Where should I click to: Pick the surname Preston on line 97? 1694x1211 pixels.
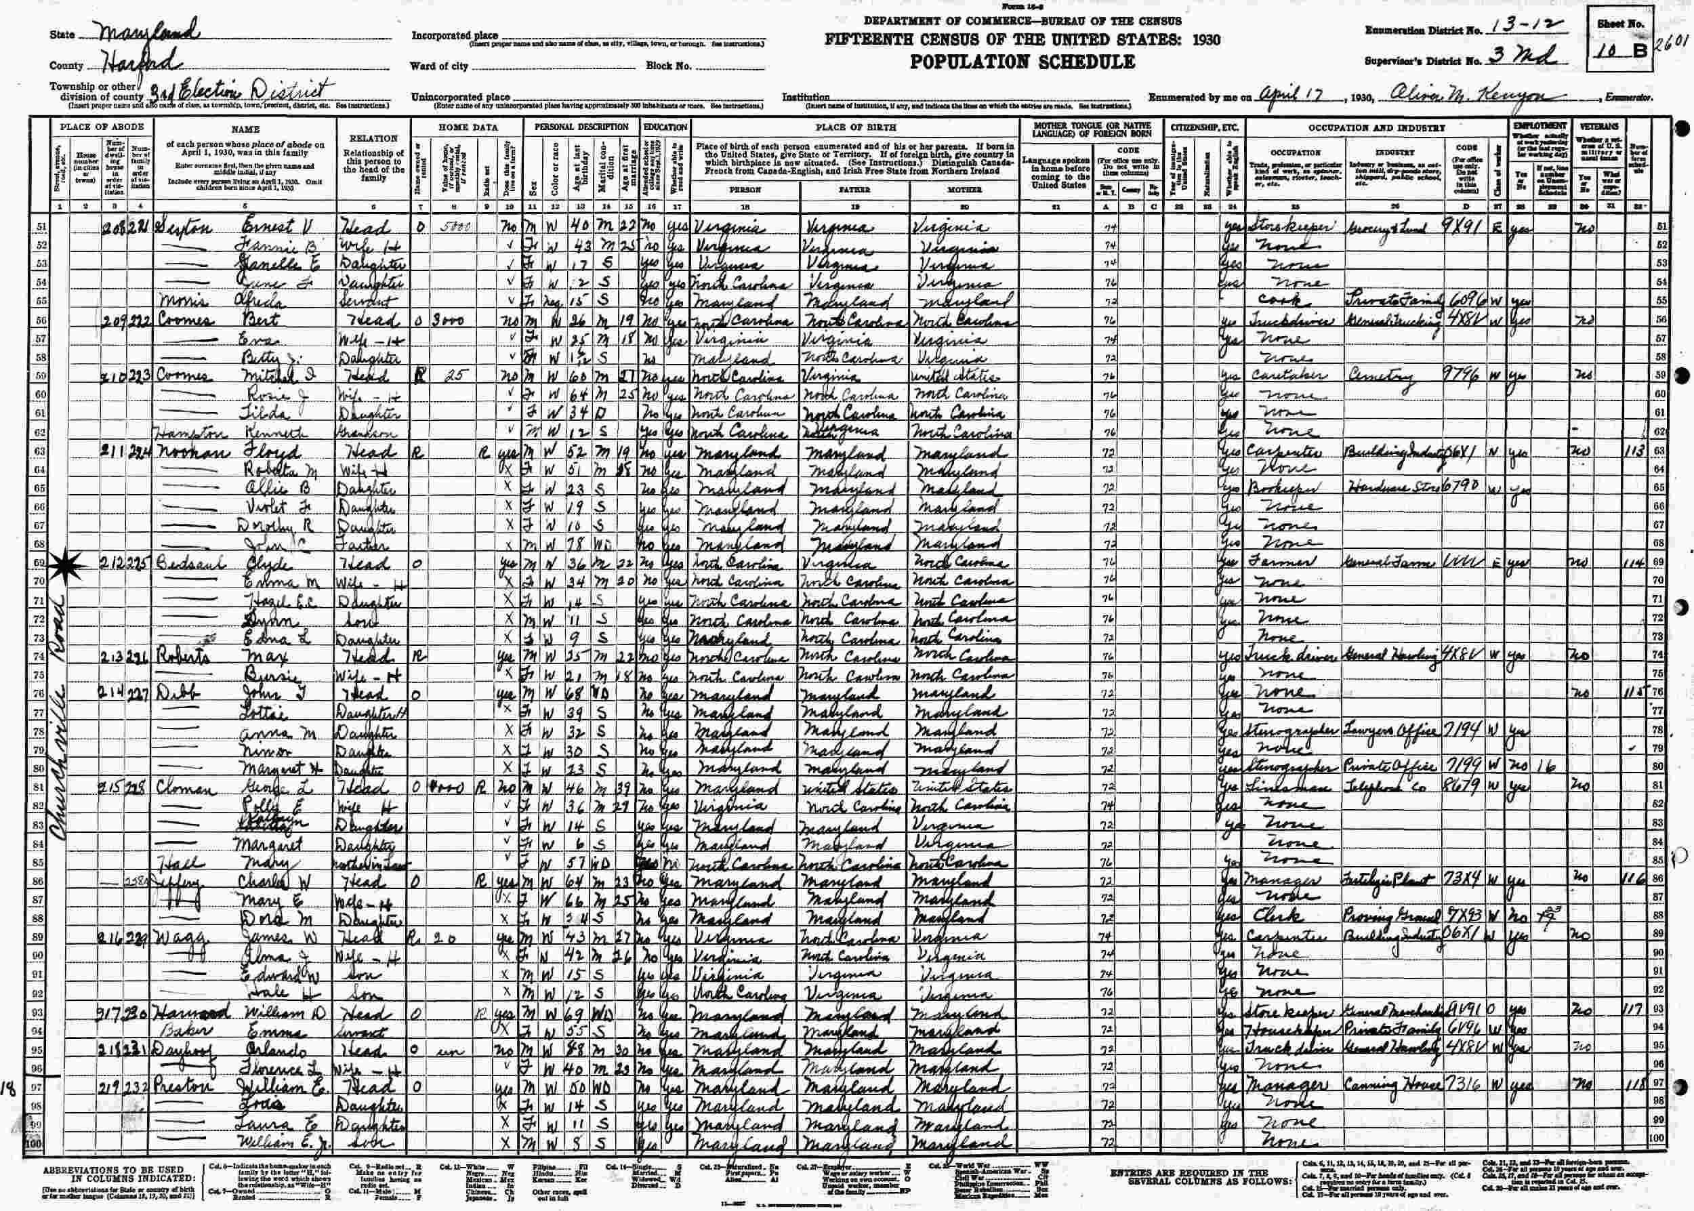181,1086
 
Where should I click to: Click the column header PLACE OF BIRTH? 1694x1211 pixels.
854,127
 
